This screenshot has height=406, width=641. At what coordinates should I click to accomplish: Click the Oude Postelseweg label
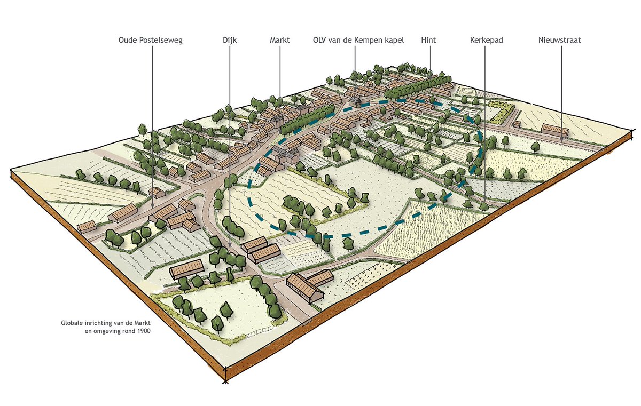(151, 41)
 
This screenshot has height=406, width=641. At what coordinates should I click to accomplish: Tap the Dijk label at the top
(230, 41)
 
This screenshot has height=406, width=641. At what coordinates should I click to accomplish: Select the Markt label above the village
(279, 41)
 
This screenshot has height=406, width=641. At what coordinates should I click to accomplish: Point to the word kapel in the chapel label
(394, 41)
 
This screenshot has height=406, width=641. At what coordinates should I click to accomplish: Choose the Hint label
(429, 41)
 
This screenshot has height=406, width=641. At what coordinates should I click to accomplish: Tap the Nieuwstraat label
(559, 41)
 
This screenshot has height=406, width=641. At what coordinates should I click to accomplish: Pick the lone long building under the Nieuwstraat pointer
(554, 130)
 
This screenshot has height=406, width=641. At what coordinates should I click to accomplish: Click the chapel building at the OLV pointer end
(354, 98)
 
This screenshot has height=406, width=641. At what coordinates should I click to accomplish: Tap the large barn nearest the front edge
(305, 288)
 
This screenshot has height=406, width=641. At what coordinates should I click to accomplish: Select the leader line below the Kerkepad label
(485, 123)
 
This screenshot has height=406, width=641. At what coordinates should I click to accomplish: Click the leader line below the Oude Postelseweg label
(152, 123)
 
